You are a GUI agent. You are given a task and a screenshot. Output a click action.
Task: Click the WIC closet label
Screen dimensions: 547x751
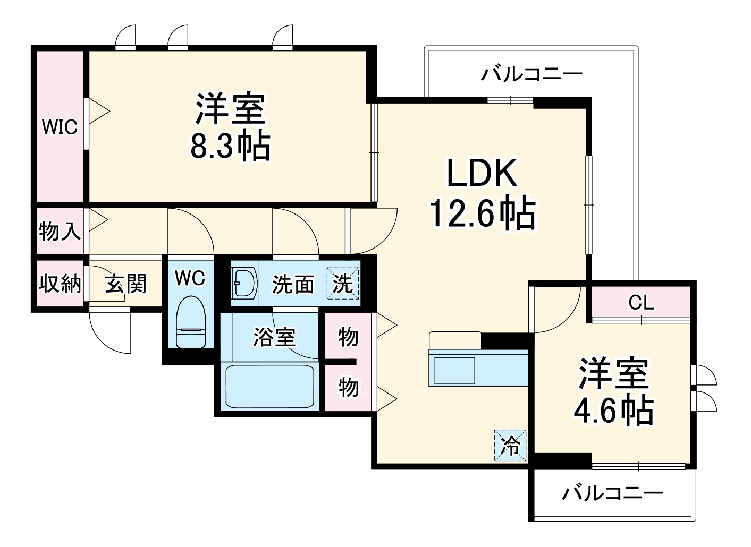pos(60,127)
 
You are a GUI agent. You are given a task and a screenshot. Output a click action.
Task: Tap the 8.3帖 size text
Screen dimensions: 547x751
pos(230,147)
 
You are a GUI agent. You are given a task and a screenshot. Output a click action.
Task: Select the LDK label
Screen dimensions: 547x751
pos(482,174)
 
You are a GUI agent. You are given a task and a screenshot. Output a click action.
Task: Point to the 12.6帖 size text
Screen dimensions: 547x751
pos(482,213)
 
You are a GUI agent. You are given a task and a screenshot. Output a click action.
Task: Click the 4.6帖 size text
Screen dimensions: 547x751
pos(613,409)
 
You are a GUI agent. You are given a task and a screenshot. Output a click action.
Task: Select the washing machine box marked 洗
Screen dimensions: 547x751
pos(343,284)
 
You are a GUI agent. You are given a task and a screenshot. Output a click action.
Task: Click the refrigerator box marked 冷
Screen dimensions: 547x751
pos(511,445)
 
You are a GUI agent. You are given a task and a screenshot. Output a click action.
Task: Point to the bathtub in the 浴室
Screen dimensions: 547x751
pos(269,386)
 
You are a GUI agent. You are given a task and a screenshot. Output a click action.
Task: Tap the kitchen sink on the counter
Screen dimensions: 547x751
pos(455,370)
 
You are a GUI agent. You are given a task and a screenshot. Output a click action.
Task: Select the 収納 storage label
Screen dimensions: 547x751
pos(60,284)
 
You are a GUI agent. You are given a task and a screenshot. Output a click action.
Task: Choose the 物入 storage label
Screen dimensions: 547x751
pos(60,232)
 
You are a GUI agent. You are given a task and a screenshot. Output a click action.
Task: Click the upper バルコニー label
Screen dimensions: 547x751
pos(531,73)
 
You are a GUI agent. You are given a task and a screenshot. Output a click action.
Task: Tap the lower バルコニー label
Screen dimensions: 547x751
pos(613,494)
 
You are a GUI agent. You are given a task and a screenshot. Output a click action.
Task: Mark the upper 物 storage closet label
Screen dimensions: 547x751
pos(348,337)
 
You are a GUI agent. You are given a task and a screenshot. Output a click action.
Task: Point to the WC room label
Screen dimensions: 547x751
pos(190,278)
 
